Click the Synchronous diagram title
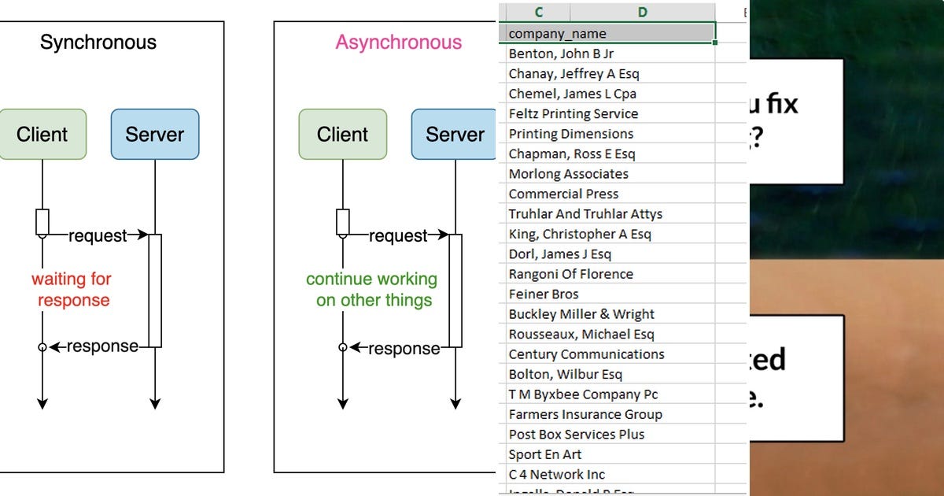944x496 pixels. (98, 43)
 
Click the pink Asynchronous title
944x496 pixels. (398, 43)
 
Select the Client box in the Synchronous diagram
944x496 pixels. (42, 135)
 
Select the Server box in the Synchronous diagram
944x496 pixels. (155, 135)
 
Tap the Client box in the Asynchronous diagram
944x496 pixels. (343, 135)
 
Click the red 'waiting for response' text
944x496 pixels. (72, 290)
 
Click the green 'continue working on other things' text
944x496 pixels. (371, 290)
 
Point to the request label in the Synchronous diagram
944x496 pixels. (98, 235)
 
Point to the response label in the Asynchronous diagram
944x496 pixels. (404, 349)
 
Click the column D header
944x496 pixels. (642, 12)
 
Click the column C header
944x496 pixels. (539, 12)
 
